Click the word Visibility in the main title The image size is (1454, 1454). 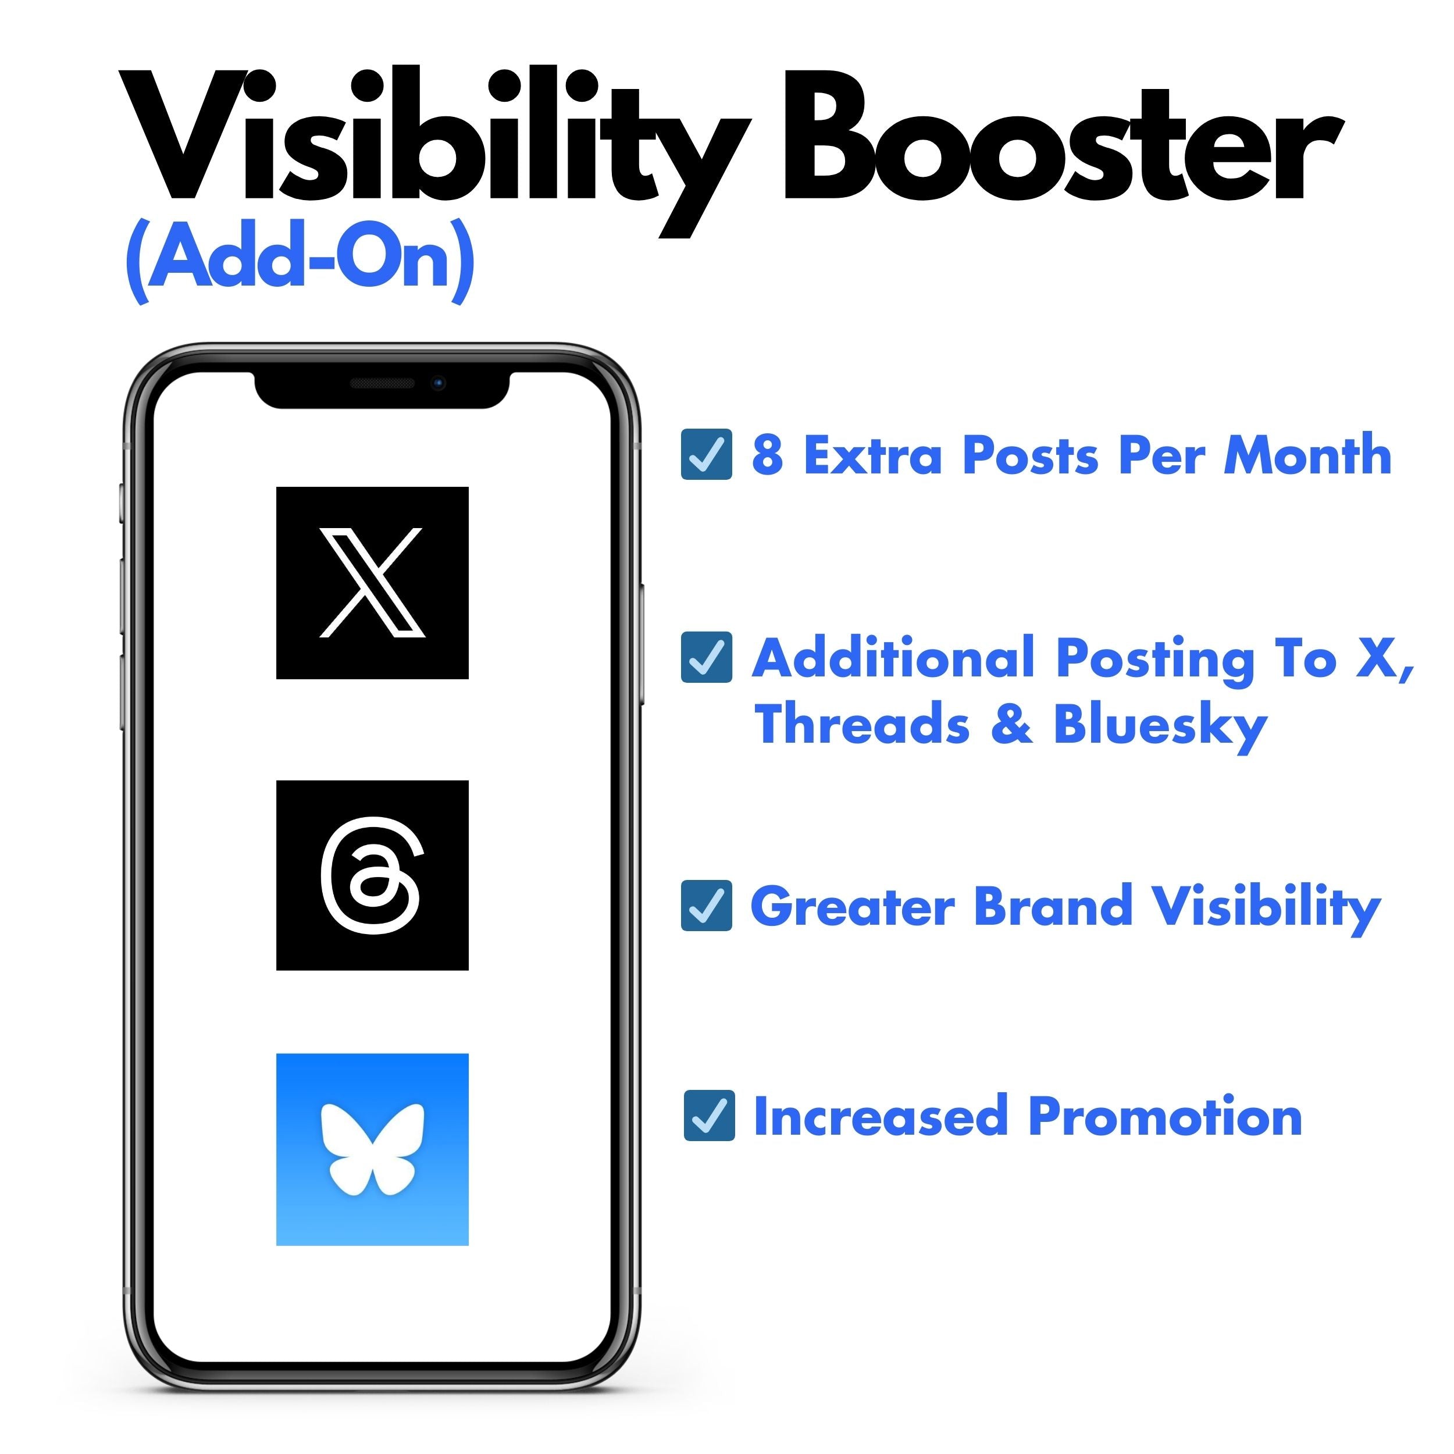tap(433, 143)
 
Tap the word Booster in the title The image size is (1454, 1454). tap(1061, 143)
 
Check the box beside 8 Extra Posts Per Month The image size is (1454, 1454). tap(706, 455)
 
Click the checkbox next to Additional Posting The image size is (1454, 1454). tap(706, 657)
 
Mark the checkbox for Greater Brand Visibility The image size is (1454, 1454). tap(706, 906)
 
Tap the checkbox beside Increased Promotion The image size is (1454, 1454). tap(709, 1116)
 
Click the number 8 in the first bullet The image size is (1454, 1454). tap(767, 455)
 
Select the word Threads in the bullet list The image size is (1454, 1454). tap(863, 724)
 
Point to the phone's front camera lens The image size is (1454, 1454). tap(439, 383)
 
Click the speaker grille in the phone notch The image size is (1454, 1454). tap(382, 384)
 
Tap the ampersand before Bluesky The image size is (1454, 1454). tap(1011, 724)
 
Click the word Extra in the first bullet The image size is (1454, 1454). tap(873, 455)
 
